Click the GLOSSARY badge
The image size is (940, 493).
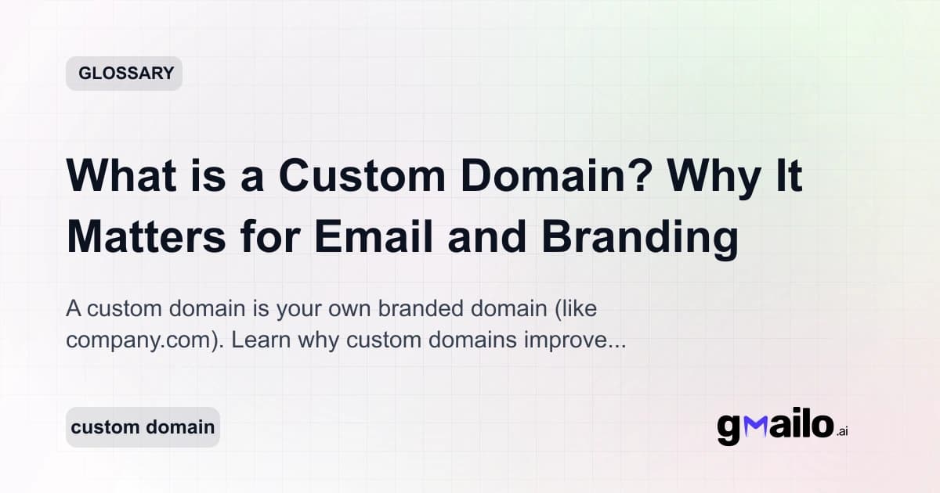(x=124, y=74)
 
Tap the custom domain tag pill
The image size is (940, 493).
(x=143, y=427)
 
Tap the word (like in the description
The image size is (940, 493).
(x=575, y=308)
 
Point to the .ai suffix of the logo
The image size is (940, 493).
(x=842, y=432)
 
